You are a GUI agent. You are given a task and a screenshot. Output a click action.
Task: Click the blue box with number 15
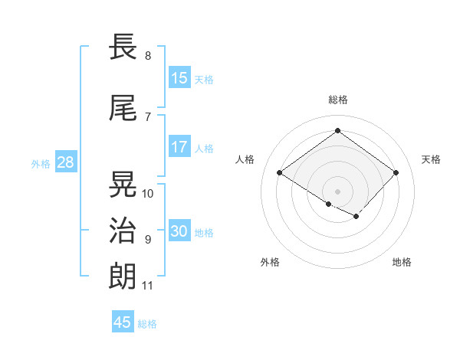[x=179, y=78]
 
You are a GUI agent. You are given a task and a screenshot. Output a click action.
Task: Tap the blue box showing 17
[x=179, y=147]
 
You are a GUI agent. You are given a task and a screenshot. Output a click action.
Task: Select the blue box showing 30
[x=179, y=231]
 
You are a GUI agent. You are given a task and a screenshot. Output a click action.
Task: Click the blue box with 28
[x=65, y=162]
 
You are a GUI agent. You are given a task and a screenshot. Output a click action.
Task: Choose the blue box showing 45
[x=123, y=322]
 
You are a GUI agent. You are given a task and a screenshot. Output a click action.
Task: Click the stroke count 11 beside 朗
[x=147, y=286]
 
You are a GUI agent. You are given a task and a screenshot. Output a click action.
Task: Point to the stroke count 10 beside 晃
[x=148, y=194]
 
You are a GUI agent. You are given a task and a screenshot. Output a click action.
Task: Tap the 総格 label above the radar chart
[x=337, y=100]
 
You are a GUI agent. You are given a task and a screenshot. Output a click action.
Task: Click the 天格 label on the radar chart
[x=431, y=159]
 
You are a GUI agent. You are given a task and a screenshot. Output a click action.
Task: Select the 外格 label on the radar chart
[x=270, y=262]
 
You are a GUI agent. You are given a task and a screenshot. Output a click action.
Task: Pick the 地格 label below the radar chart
[x=402, y=262]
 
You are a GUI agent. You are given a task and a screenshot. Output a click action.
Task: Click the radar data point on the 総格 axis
[x=337, y=130]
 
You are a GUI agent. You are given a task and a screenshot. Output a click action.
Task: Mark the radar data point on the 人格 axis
[x=280, y=173]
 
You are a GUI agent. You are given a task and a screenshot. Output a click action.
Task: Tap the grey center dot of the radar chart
[x=337, y=191]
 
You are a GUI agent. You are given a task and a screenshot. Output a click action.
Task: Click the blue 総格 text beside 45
[x=147, y=324]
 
